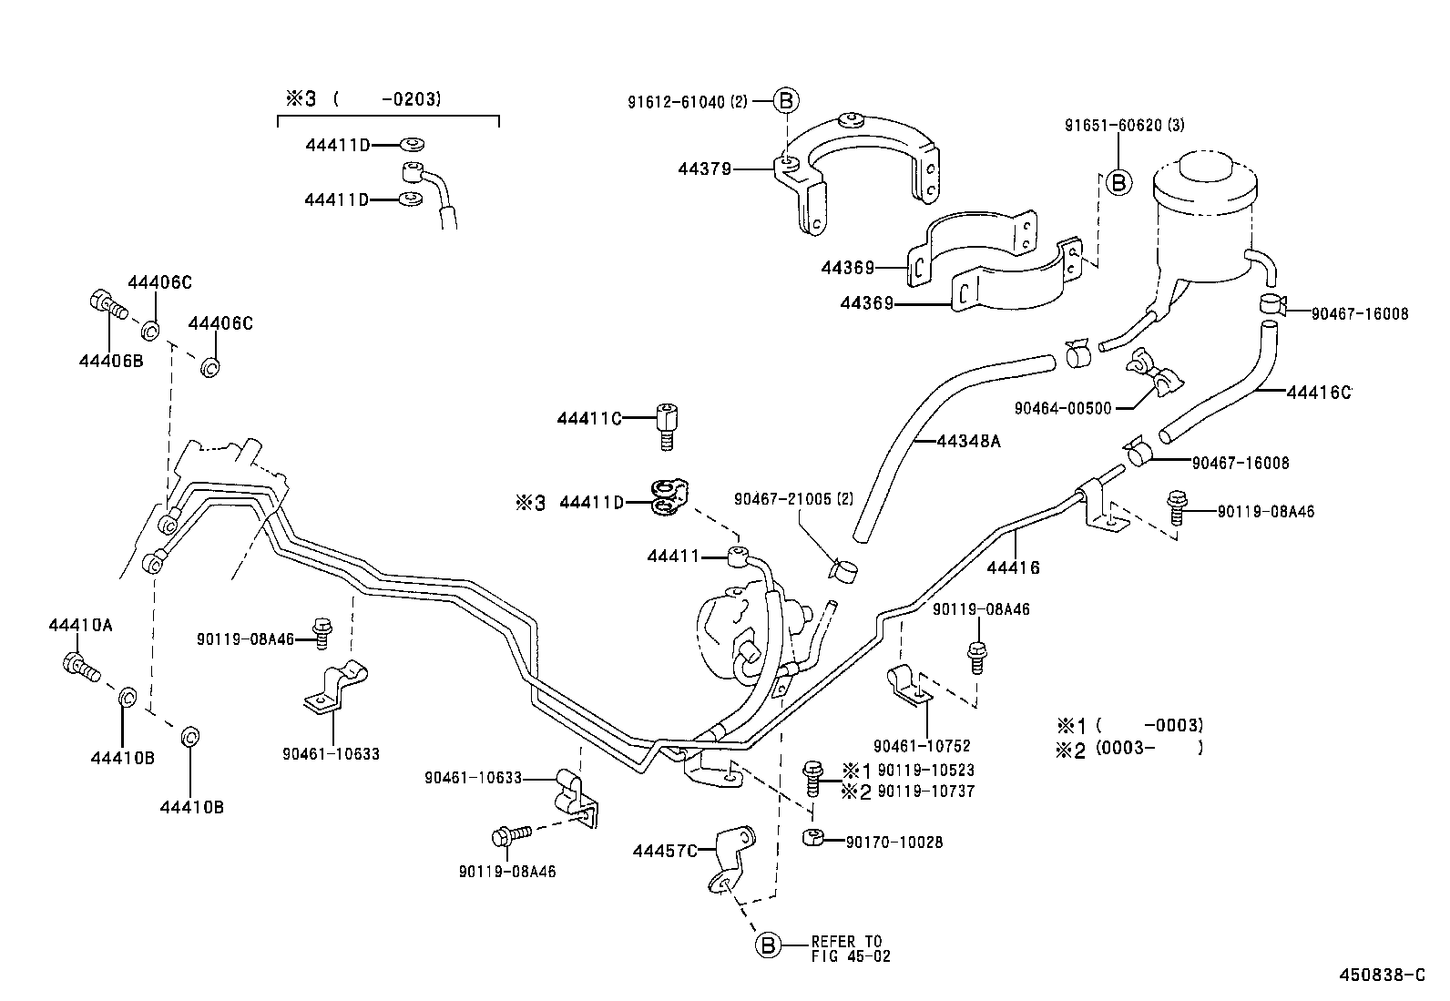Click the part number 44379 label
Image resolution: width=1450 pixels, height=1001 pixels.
tap(704, 169)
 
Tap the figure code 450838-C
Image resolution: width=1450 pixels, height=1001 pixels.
tap(1382, 975)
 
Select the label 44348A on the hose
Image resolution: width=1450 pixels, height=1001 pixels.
tap(968, 442)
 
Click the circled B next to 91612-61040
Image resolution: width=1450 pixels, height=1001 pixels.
tap(786, 101)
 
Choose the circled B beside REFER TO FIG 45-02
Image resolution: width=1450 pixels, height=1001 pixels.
tap(768, 946)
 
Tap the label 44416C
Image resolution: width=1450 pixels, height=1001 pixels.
tap(1318, 393)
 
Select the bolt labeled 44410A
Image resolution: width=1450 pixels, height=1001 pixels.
tap(77, 666)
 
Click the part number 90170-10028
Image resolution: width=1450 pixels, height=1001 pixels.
tap(894, 843)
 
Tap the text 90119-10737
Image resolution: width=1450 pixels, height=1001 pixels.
tap(925, 792)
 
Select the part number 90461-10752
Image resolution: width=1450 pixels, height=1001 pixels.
tap(922, 746)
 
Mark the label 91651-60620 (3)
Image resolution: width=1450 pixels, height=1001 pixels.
tap(1124, 125)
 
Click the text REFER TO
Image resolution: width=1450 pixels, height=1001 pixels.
tap(846, 941)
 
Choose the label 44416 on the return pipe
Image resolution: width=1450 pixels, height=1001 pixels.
tap(1013, 567)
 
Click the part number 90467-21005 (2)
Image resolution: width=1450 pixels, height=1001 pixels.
tap(794, 498)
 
